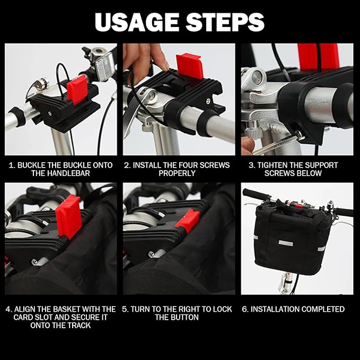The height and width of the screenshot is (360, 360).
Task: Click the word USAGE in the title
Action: click(x=137, y=22)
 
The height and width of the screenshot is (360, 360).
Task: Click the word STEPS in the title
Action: click(x=225, y=22)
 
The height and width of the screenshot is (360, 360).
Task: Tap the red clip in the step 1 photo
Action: click(x=77, y=90)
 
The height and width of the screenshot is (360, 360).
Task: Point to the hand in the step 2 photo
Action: click(x=144, y=57)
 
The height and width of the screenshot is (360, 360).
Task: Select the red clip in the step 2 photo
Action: click(x=190, y=66)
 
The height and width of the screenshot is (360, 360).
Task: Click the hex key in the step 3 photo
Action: click(x=278, y=145)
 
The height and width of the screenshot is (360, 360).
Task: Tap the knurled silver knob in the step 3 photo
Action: click(x=252, y=133)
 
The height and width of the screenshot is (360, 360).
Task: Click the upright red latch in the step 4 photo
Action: click(x=68, y=216)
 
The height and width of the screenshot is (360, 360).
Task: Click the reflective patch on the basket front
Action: click(x=286, y=243)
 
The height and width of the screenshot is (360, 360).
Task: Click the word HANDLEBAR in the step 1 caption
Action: click(x=60, y=173)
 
